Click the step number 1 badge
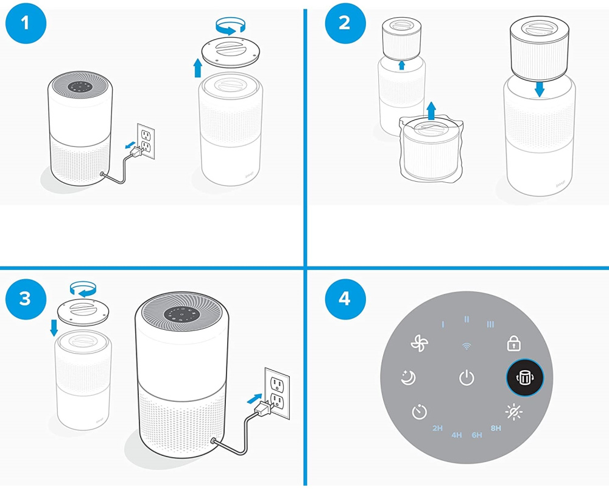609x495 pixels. click(x=25, y=24)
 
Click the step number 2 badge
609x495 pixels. click(x=345, y=24)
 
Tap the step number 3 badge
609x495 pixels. click(x=25, y=299)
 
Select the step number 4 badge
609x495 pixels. click(x=345, y=299)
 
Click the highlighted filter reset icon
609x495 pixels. click(x=524, y=378)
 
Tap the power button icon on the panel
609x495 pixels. click(x=466, y=378)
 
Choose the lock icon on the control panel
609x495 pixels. click(x=513, y=344)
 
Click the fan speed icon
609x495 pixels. click(x=420, y=344)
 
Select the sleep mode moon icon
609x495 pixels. click(x=408, y=378)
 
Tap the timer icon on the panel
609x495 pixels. click(x=420, y=413)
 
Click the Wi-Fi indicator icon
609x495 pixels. click(x=466, y=346)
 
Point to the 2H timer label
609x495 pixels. click(x=437, y=429)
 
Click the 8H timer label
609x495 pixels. click(x=496, y=429)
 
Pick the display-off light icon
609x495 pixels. click(x=513, y=413)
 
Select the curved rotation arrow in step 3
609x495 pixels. click(x=83, y=287)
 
